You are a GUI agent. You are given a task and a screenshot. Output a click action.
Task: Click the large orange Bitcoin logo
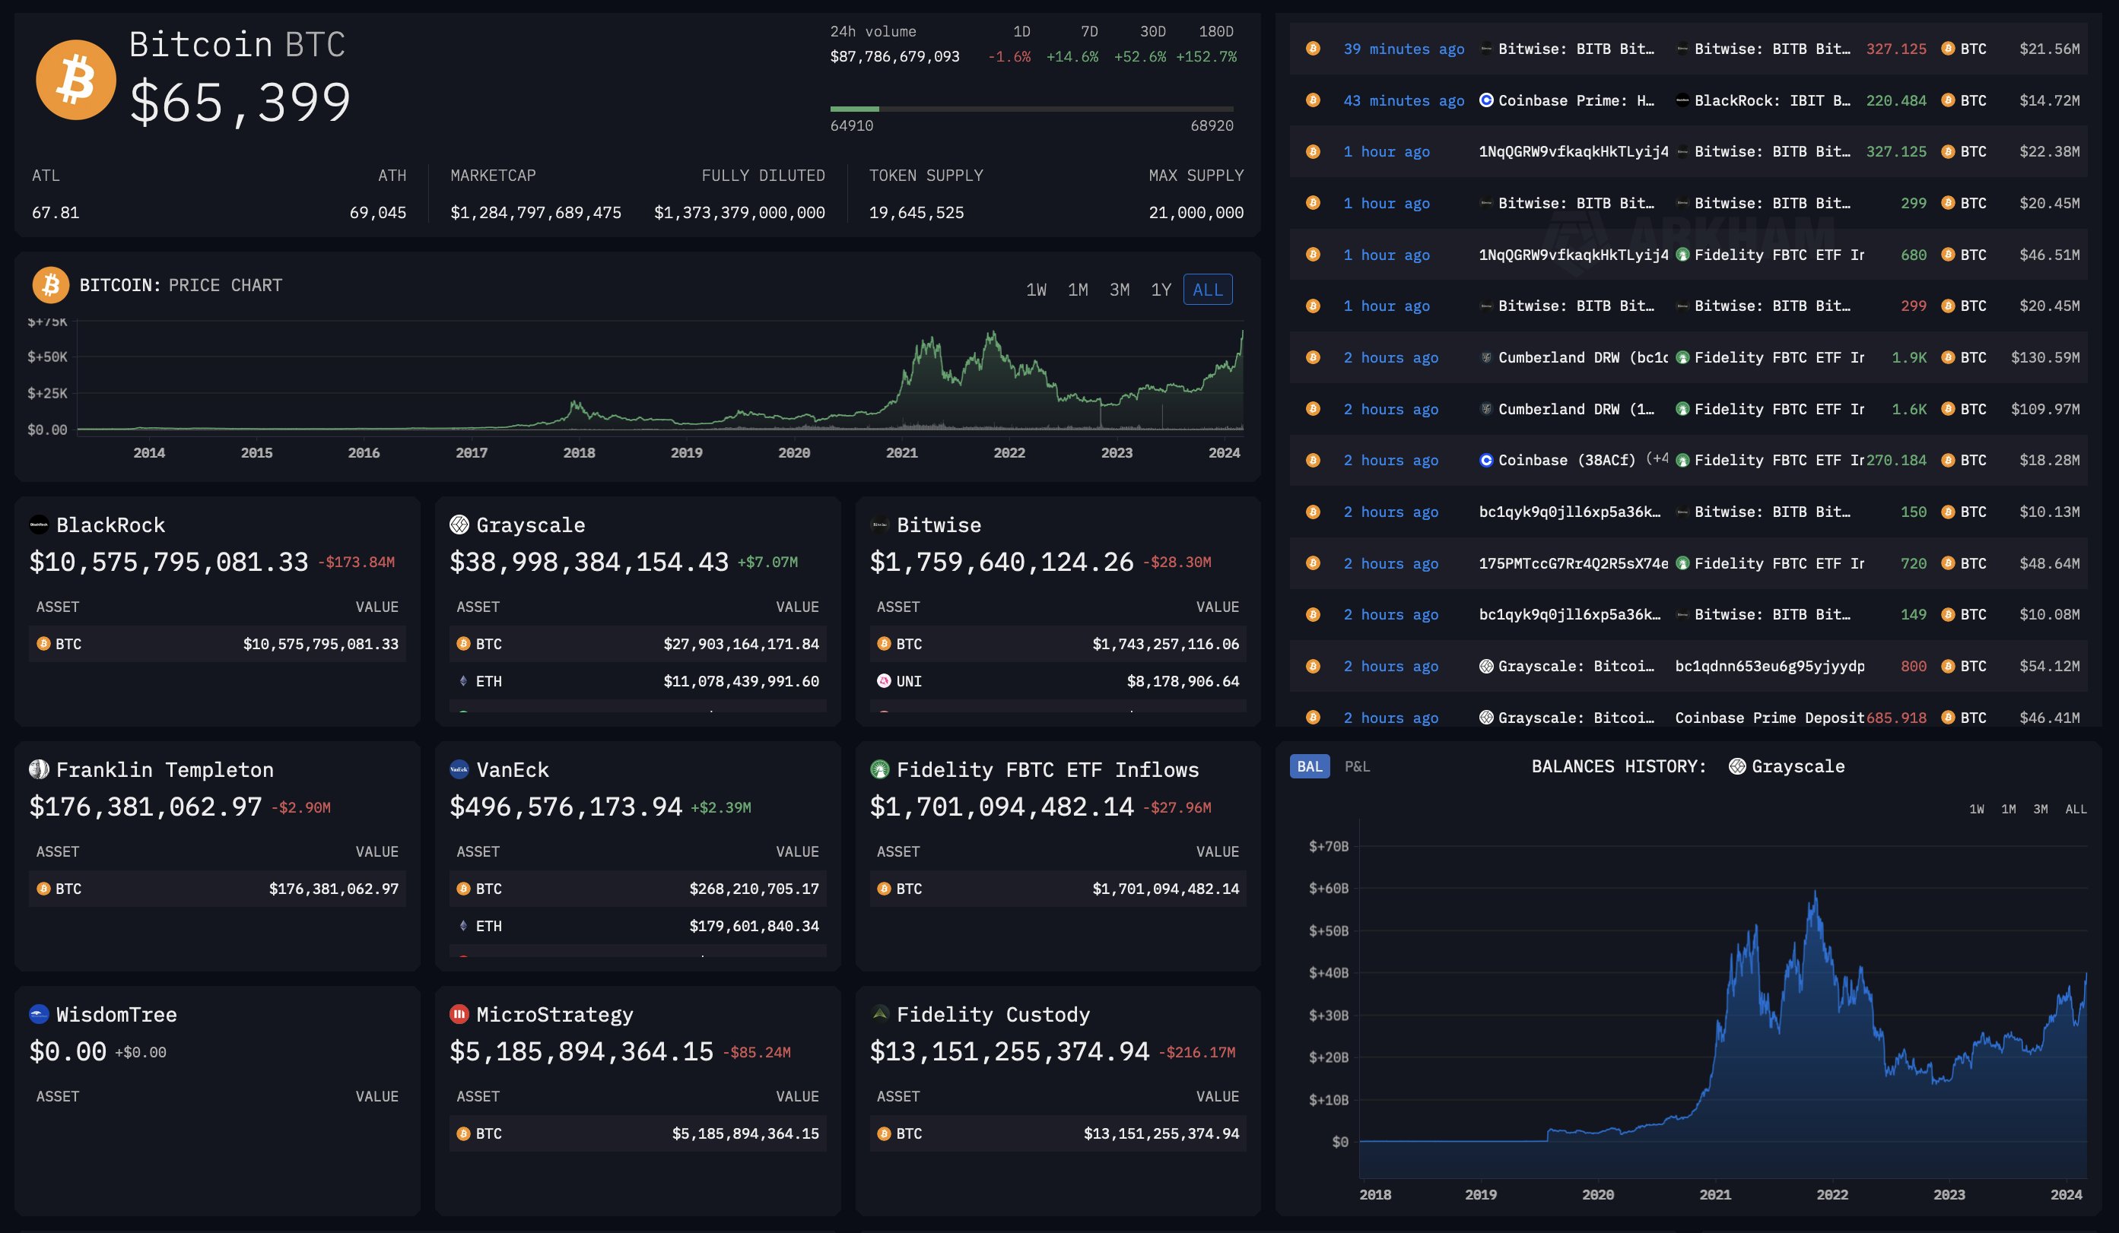coord(76,80)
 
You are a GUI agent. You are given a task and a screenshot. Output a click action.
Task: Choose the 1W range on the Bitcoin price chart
coord(1036,290)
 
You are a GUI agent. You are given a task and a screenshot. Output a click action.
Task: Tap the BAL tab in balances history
coord(1309,766)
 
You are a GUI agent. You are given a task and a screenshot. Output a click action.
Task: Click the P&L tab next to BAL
coord(1357,766)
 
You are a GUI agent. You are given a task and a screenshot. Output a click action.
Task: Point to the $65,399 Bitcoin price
coord(240,103)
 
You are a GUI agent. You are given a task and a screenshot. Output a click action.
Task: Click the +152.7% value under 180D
coord(1206,57)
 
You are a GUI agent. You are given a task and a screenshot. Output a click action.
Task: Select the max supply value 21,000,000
coord(1196,213)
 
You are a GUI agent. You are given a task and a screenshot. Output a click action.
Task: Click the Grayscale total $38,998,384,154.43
coord(589,563)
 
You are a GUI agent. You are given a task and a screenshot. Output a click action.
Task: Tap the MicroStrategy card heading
coord(554,1015)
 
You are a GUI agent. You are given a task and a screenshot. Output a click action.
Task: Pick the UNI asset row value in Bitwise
coord(1182,681)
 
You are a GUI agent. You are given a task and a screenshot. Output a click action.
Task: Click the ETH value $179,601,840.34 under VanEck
coord(754,925)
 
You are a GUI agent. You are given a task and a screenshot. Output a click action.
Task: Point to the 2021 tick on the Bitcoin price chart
coord(901,453)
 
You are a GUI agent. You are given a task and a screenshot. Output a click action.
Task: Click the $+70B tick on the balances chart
coord(1328,846)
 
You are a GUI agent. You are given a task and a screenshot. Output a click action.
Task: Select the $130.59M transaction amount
coord(2045,357)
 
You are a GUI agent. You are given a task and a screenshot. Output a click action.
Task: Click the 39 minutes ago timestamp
coord(1403,49)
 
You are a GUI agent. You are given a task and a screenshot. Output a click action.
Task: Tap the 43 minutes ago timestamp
coord(1403,101)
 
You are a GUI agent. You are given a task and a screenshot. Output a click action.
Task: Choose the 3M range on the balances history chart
coord(2040,810)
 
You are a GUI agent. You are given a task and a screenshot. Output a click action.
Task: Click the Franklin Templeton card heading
coord(164,770)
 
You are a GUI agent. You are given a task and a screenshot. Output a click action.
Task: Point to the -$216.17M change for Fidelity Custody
coord(1196,1052)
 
